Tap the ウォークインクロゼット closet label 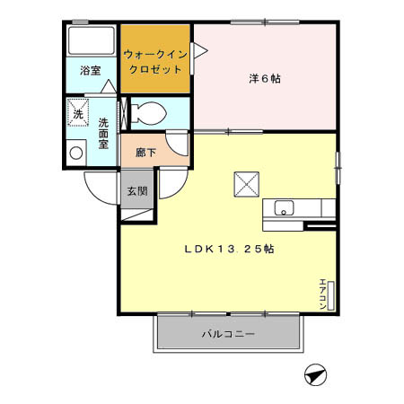156,61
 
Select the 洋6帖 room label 265,78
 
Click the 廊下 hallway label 145,153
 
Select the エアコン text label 322,295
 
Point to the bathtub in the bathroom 90,41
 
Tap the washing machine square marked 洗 78,114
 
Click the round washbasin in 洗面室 77,154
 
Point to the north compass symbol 314,374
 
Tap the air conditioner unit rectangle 332,295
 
